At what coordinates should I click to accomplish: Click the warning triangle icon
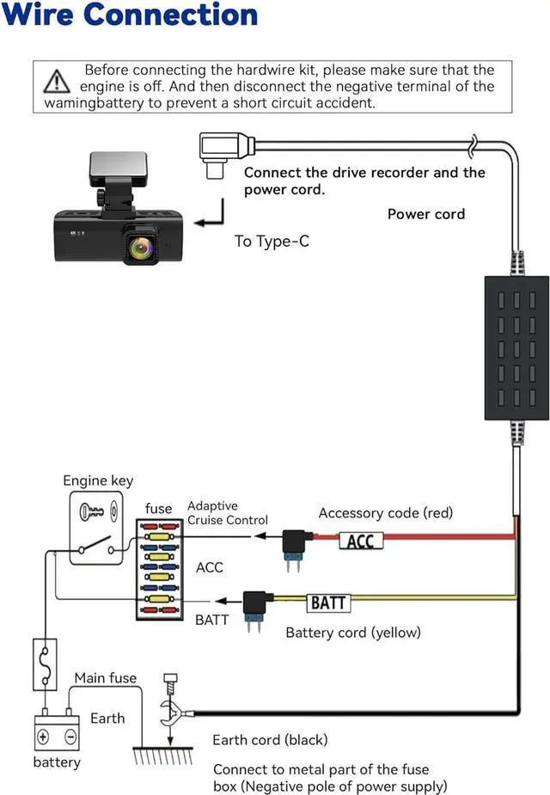coord(56,81)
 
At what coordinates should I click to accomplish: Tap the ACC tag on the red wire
coord(359,541)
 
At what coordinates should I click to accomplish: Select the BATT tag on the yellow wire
coord(328,602)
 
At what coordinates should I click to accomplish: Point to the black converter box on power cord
coord(516,348)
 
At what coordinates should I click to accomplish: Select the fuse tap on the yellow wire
coord(256,605)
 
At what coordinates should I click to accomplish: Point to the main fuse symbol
coord(45,664)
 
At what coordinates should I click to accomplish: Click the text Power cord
coord(425,214)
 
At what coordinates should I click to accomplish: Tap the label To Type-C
coord(272,241)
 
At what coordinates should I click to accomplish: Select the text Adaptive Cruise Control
coord(227,513)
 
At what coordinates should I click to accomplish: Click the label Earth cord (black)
coord(270,739)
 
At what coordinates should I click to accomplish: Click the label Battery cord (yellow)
coord(352,633)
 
